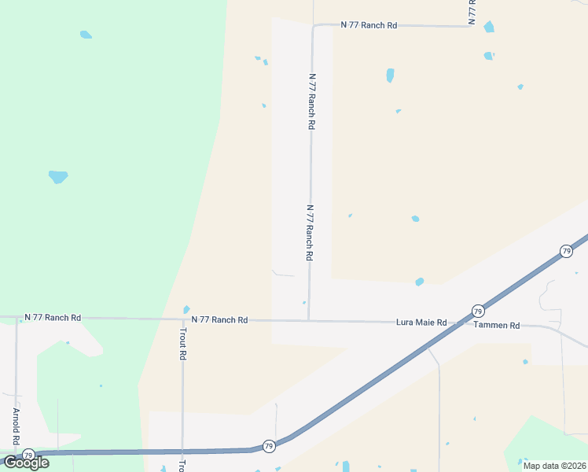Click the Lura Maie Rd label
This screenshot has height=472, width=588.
point(421,323)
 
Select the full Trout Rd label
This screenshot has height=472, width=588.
point(182,345)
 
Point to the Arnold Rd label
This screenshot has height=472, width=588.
point(15,426)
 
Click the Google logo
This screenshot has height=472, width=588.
point(26,463)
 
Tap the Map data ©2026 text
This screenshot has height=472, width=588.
point(555,466)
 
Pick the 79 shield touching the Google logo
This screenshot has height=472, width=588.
point(28,455)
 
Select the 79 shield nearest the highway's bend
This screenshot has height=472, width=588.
point(269,445)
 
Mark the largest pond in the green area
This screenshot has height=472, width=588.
point(58,177)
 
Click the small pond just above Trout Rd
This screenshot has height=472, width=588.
point(186,309)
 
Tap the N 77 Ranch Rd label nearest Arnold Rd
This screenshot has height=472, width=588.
point(53,318)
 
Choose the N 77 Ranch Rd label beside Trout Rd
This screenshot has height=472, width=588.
point(220,320)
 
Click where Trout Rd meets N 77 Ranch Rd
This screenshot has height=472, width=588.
point(182,319)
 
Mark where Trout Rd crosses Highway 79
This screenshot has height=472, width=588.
point(182,452)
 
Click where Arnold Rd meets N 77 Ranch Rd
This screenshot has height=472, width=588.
point(17,319)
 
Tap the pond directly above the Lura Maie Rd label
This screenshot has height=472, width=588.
point(420,282)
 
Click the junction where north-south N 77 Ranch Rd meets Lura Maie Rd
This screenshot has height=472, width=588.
point(308,321)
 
